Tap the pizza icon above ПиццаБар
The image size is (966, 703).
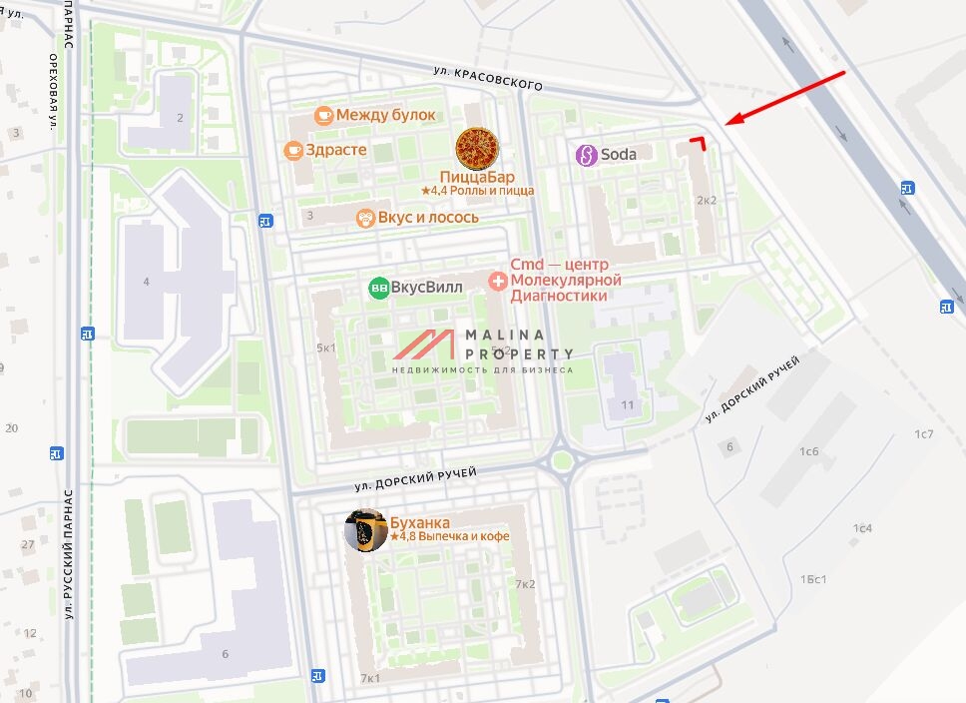click(476, 149)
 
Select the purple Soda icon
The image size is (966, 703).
click(587, 155)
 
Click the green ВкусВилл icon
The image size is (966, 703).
click(379, 288)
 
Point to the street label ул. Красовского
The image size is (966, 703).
click(488, 79)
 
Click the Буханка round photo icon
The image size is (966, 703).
click(366, 530)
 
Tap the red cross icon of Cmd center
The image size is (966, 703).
click(497, 282)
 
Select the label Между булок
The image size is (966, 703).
click(385, 115)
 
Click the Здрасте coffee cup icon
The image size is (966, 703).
click(293, 150)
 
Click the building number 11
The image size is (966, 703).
click(628, 404)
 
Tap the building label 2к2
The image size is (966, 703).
click(707, 200)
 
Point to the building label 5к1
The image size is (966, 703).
click(325, 348)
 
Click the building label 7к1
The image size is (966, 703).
click(370, 678)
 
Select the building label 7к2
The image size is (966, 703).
click(525, 584)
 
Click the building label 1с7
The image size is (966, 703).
click(924, 433)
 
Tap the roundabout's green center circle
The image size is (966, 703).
click(563, 460)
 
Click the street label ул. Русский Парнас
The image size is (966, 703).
click(70, 554)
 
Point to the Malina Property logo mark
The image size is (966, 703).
click(427, 345)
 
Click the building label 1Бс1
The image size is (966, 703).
click(814, 579)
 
